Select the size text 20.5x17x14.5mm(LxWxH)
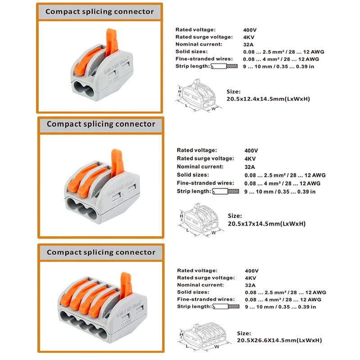266,223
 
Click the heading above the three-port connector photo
101,124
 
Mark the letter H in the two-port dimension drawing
180,91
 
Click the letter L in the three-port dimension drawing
187,229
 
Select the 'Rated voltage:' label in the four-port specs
197,270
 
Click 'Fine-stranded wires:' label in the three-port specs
205,183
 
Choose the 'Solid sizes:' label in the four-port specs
194,292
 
